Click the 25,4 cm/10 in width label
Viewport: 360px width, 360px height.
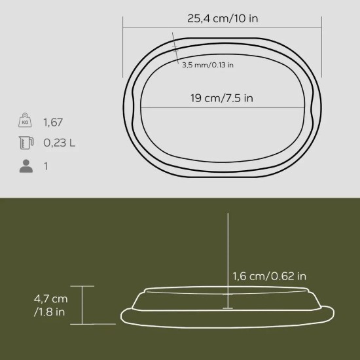click(x=223, y=18)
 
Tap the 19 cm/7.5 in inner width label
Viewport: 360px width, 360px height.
click(x=222, y=98)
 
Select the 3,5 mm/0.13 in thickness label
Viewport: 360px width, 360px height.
click(x=207, y=64)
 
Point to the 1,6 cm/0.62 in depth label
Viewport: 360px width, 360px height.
click(x=269, y=276)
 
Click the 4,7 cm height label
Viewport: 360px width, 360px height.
click(x=50, y=298)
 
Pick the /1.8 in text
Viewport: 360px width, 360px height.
click(x=49, y=312)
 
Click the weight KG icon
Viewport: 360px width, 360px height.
click(x=26, y=122)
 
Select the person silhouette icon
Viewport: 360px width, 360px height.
click(x=26, y=166)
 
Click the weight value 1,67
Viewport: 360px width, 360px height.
click(x=53, y=122)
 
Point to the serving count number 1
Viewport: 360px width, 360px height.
click(x=46, y=166)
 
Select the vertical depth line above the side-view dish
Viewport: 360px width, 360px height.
click(x=226, y=255)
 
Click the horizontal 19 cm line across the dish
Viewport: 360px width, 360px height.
click(x=223, y=107)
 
